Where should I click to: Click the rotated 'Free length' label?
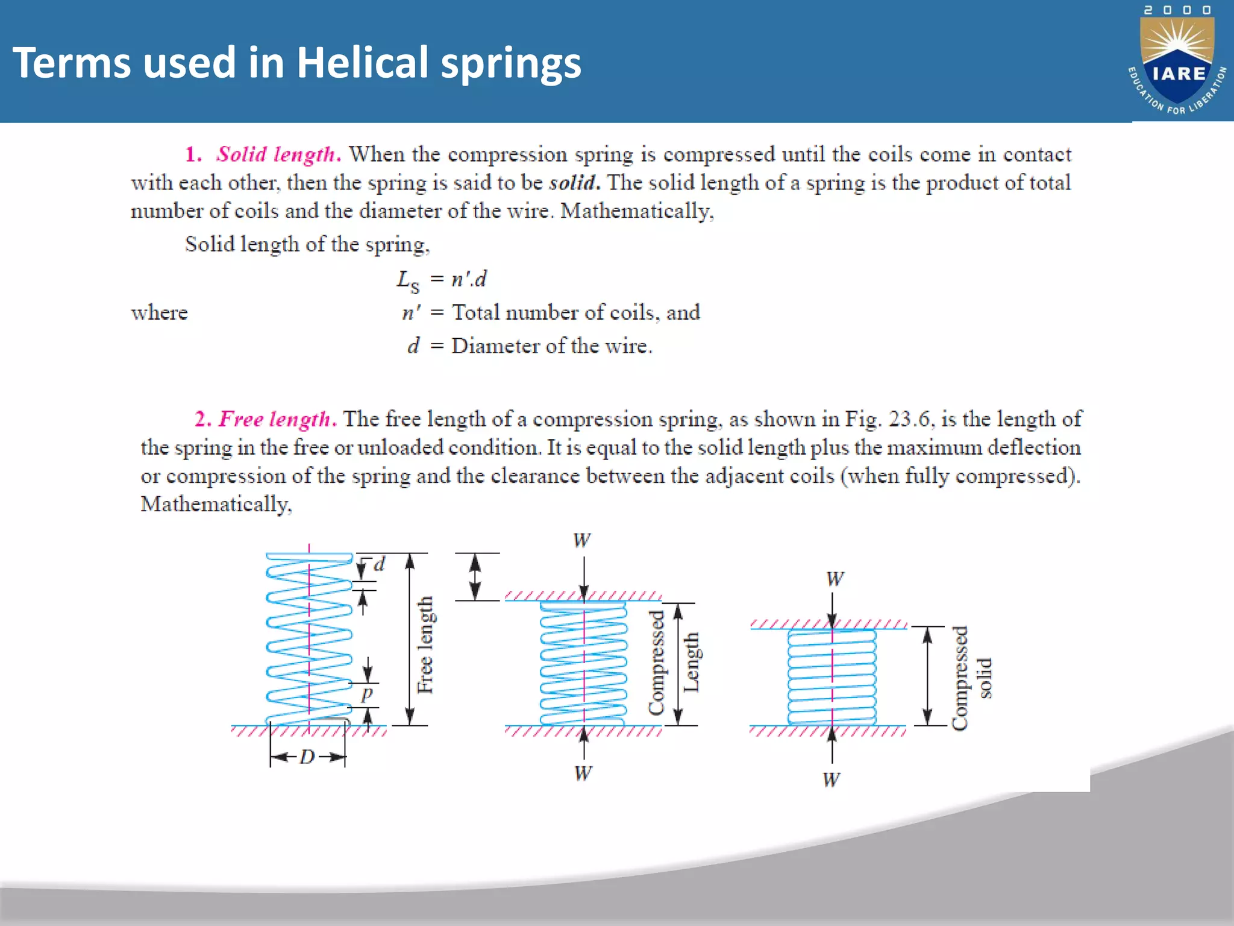click(x=425, y=645)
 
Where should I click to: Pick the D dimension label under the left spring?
click(x=307, y=757)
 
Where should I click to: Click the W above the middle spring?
click(x=582, y=540)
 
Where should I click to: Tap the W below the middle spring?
click(x=583, y=773)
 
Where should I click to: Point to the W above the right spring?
click(x=835, y=579)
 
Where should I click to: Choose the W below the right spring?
click(x=832, y=780)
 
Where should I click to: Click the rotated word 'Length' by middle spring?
click(x=691, y=662)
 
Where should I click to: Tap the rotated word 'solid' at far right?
click(x=983, y=678)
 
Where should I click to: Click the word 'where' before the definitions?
click(x=160, y=313)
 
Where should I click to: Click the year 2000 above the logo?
click(x=1177, y=10)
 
